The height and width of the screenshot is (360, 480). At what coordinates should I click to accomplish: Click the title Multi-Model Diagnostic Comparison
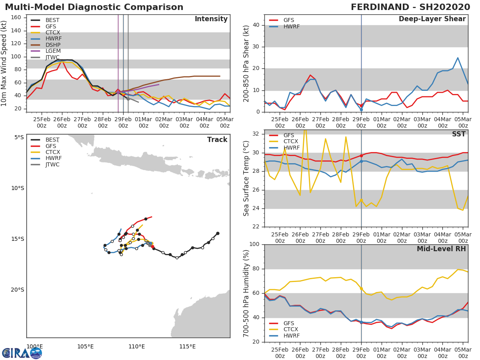click(x=94, y=7)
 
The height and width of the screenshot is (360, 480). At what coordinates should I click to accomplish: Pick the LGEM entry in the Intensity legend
click(x=53, y=51)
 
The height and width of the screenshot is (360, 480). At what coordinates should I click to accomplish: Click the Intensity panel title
click(x=211, y=19)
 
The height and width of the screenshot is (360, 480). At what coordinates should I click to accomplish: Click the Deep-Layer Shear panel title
click(x=432, y=19)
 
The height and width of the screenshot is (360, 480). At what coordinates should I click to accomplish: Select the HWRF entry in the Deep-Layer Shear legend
click(x=291, y=26)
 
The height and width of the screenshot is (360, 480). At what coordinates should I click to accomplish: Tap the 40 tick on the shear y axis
click(x=257, y=25)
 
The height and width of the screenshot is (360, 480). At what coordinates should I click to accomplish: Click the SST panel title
click(x=459, y=134)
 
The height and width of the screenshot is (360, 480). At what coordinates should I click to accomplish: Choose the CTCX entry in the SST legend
click(x=291, y=142)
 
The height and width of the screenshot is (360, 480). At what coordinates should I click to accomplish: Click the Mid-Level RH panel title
click(x=441, y=249)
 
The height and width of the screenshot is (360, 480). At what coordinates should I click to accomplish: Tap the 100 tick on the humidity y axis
click(x=254, y=244)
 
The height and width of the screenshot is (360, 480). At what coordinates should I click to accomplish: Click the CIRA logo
click(x=22, y=353)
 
